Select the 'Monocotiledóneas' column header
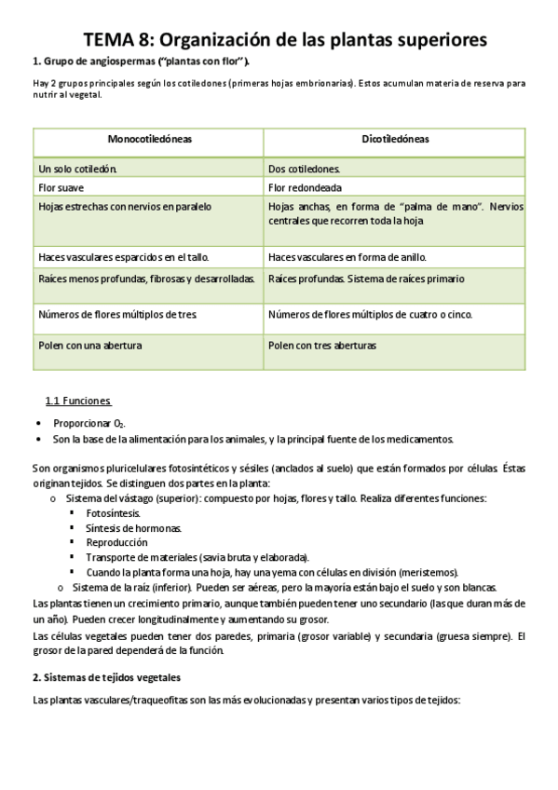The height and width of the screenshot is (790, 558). coord(149,139)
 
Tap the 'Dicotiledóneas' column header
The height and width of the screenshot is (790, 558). coord(394,139)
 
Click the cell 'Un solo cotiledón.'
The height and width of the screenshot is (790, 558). coord(77,169)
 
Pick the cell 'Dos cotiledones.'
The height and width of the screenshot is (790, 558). coord(304,169)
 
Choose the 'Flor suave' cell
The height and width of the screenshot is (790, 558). coord(60,187)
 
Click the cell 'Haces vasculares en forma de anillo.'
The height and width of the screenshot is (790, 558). coord(347,256)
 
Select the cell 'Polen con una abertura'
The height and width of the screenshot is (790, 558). coord(90,345)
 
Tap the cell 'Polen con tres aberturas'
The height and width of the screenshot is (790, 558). coord(322,345)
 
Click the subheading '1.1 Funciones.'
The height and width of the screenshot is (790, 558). coord(79,401)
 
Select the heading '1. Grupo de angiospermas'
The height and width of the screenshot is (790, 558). coord(141,61)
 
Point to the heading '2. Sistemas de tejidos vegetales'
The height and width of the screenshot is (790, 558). coord(106,676)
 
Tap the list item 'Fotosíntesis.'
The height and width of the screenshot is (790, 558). coord(114,512)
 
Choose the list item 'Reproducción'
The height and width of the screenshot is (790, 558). coord(116,541)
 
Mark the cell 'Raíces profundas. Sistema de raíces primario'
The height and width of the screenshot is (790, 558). coord(366,279)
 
